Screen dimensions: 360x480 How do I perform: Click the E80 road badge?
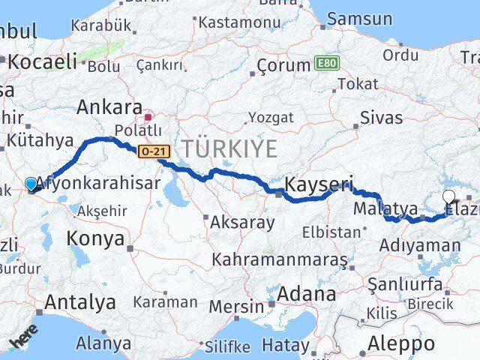(x=325, y=64)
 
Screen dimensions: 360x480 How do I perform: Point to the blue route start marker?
(x=31, y=184)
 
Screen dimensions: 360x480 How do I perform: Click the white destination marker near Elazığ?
(x=448, y=197)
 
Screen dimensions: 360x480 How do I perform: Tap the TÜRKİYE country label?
(x=226, y=148)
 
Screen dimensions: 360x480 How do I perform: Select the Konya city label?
(x=95, y=239)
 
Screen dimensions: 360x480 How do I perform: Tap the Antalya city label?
(x=80, y=302)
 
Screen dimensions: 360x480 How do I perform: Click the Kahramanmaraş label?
(x=280, y=260)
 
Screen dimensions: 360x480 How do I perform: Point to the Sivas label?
(x=381, y=118)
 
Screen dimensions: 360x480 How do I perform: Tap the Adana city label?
(x=306, y=294)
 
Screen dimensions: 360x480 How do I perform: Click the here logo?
(x=24, y=340)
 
